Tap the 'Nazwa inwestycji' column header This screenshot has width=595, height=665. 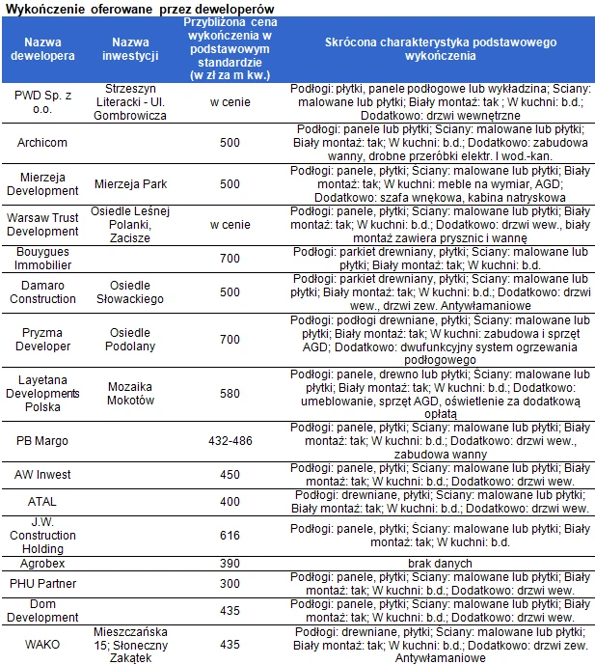point(129,49)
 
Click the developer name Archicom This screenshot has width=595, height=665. point(41,143)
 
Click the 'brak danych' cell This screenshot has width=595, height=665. point(440,563)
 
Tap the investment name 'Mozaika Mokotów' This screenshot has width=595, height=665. point(130,393)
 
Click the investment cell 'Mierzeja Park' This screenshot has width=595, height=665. point(130,183)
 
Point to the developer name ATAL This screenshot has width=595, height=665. point(41,502)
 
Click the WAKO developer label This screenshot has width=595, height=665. point(41,644)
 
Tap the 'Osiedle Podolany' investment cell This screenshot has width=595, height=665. point(130,339)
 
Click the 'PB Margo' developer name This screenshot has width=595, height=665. point(41,440)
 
